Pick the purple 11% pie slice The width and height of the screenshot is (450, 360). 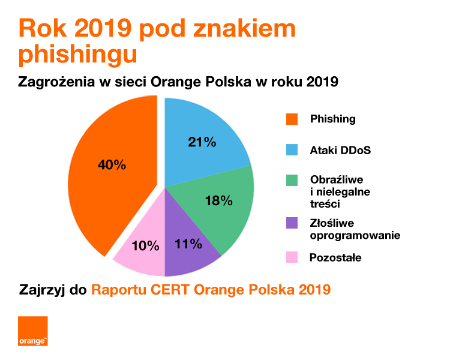coord(189,249)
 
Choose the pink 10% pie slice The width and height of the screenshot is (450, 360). coord(144,249)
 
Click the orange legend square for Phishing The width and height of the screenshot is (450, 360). coord(292,119)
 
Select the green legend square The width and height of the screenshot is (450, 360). coord(292,181)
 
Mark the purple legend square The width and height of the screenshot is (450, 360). coord(292,223)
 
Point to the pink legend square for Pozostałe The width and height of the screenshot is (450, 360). coord(292,258)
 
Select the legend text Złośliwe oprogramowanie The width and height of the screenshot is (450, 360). coord(355,229)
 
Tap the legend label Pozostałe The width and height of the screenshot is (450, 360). coord(335,258)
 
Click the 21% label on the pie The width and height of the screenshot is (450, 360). coord(202,142)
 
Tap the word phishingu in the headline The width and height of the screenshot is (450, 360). coord(78,53)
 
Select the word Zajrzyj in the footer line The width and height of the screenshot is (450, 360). coord(43,290)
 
